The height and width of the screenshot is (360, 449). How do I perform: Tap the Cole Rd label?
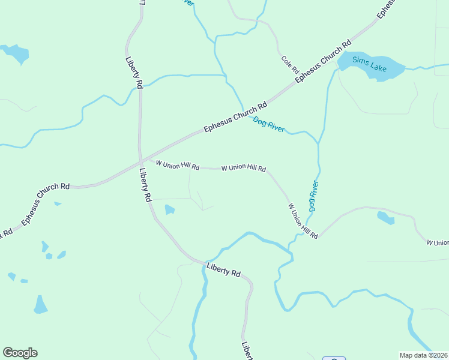[290, 64]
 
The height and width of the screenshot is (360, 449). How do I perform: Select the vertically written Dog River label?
[312, 196]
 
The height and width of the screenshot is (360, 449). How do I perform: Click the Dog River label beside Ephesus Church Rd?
[268, 124]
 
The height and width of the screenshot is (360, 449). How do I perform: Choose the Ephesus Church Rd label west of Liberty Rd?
[46, 205]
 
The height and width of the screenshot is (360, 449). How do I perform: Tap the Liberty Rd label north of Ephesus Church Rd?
[133, 73]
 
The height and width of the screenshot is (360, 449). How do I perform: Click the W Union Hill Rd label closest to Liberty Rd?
[178, 165]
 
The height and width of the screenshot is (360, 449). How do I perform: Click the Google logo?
[20, 353]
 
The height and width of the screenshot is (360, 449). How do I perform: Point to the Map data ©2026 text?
[424, 355]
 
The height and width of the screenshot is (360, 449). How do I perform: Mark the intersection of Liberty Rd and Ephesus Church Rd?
[140, 161]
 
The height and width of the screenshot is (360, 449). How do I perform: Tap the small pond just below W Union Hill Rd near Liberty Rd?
[169, 209]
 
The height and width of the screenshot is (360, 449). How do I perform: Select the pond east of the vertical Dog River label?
[385, 218]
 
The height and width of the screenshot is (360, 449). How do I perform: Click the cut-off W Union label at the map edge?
[438, 242]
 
